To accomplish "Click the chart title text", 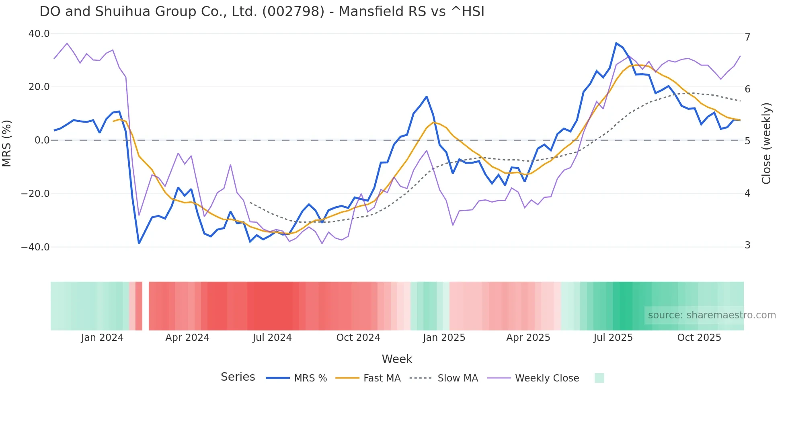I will click(x=262, y=12).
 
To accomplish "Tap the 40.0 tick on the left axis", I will click(x=39, y=34).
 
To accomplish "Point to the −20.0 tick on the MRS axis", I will click(x=35, y=194).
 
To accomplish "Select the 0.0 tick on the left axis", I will click(x=42, y=140).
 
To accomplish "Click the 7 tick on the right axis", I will click(x=747, y=37).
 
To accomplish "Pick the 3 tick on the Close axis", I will click(x=747, y=245).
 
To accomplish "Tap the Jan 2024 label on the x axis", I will click(x=102, y=338).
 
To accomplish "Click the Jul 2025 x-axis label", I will click(x=613, y=338).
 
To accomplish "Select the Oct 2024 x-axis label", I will click(x=358, y=338).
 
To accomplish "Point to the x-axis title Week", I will click(x=397, y=359).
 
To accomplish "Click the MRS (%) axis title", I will click(x=7, y=143).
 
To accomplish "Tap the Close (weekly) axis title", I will click(x=766, y=144).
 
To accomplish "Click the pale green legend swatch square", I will click(x=599, y=378).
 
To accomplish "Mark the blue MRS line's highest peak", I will click(x=616, y=43).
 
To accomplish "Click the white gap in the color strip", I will click(x=146, y=306).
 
